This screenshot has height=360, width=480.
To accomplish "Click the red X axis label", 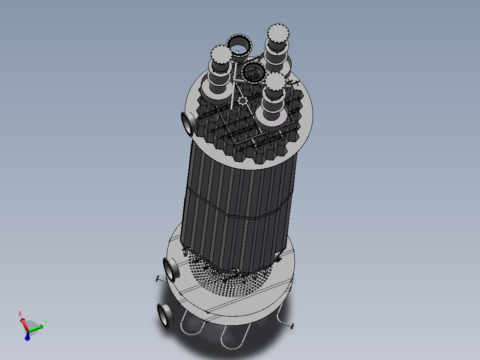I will [20, 314].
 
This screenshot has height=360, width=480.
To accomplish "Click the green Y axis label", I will [46, 321].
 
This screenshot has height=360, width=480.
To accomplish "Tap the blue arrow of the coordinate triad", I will [27, 337].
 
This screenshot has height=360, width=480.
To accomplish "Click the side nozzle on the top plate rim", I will [187, 123].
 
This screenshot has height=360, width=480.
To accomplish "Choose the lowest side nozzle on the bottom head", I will [164, 315].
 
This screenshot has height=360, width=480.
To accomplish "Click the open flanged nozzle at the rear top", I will [240, 44].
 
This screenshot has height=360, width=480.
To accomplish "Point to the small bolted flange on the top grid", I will [243, 101].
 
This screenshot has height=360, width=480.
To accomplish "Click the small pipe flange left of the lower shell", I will [158, 279].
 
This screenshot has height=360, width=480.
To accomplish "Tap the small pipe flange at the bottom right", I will [292, 327].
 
